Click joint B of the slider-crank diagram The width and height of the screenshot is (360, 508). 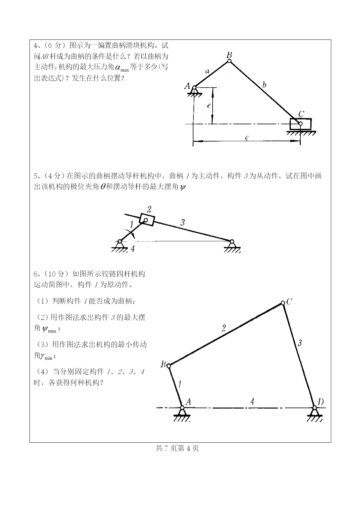point(229,61)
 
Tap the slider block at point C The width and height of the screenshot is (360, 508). point(300,124)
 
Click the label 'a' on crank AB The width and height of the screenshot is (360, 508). point(207,71)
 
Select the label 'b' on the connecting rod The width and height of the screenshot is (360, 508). point(265,84)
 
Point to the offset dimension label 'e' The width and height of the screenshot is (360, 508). point(209,105)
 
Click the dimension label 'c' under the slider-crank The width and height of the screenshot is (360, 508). point(247,137)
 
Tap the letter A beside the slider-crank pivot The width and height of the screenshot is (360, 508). point(187,86)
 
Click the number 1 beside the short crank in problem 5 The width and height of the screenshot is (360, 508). point(131,224)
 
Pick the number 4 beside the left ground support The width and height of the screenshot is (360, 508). point(133,249)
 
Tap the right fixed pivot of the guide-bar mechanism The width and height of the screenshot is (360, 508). point(231,242)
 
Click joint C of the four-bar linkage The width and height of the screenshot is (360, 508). point(283,303)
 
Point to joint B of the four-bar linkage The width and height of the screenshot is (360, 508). point(169,366)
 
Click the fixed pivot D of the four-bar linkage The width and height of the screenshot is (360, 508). point(314,408)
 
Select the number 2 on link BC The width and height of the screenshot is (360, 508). point(224,328)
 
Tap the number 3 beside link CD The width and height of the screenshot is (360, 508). point(300,343)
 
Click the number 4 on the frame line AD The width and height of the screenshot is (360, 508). point(252,402)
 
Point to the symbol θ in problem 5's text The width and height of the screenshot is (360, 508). point(103,187)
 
